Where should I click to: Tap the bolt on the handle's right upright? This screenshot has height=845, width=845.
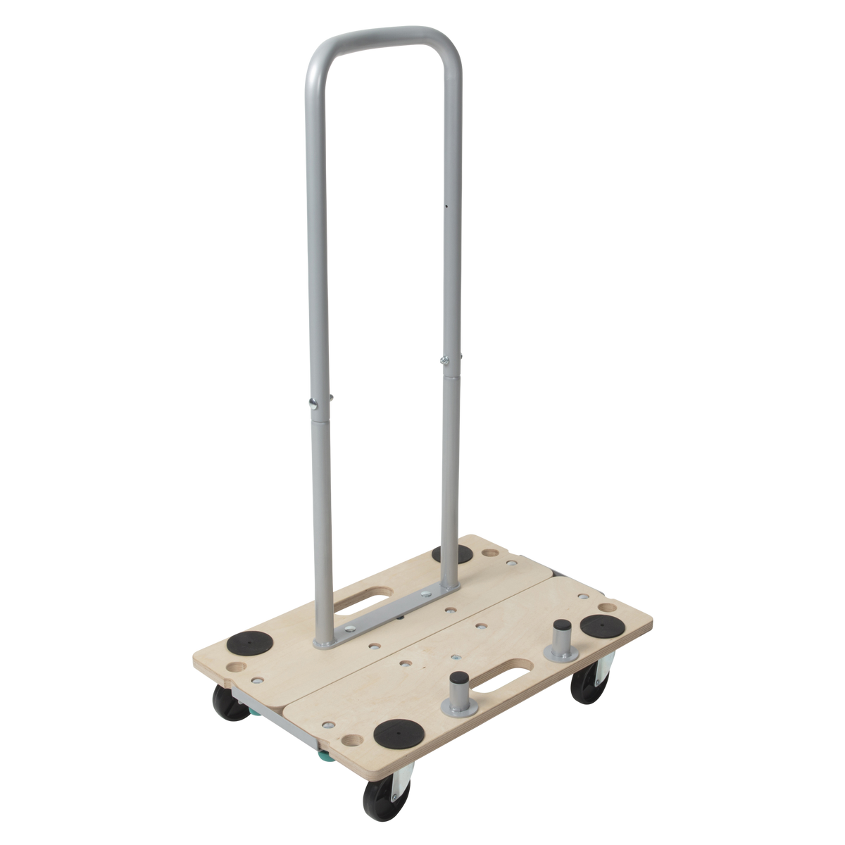[444, 361]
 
